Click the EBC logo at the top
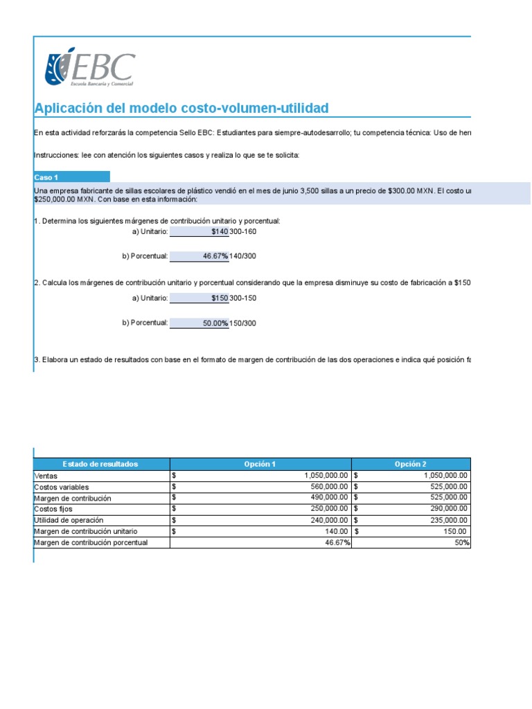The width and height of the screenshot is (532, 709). point(89,68)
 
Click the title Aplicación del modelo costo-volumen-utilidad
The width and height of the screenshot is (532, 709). point(181,109)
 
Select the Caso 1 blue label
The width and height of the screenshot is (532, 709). point(71,177)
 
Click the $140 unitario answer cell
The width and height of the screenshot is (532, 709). point(199,231)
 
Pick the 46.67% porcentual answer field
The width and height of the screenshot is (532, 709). point(199,256)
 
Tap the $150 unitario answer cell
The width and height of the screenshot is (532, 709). point(199,298)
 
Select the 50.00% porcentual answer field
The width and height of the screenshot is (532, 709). point(199,323)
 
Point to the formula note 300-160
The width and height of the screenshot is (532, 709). point(243,231)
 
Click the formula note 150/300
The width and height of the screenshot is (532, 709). point(243,323)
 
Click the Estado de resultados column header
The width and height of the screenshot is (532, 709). point(101,464)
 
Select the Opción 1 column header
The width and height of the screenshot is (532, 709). point(260,464)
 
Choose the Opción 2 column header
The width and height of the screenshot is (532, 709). point(411,464)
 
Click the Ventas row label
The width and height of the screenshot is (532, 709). point(46,476)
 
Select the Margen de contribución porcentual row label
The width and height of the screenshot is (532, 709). point(91,543)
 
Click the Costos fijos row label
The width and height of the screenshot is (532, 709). point(53,509)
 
